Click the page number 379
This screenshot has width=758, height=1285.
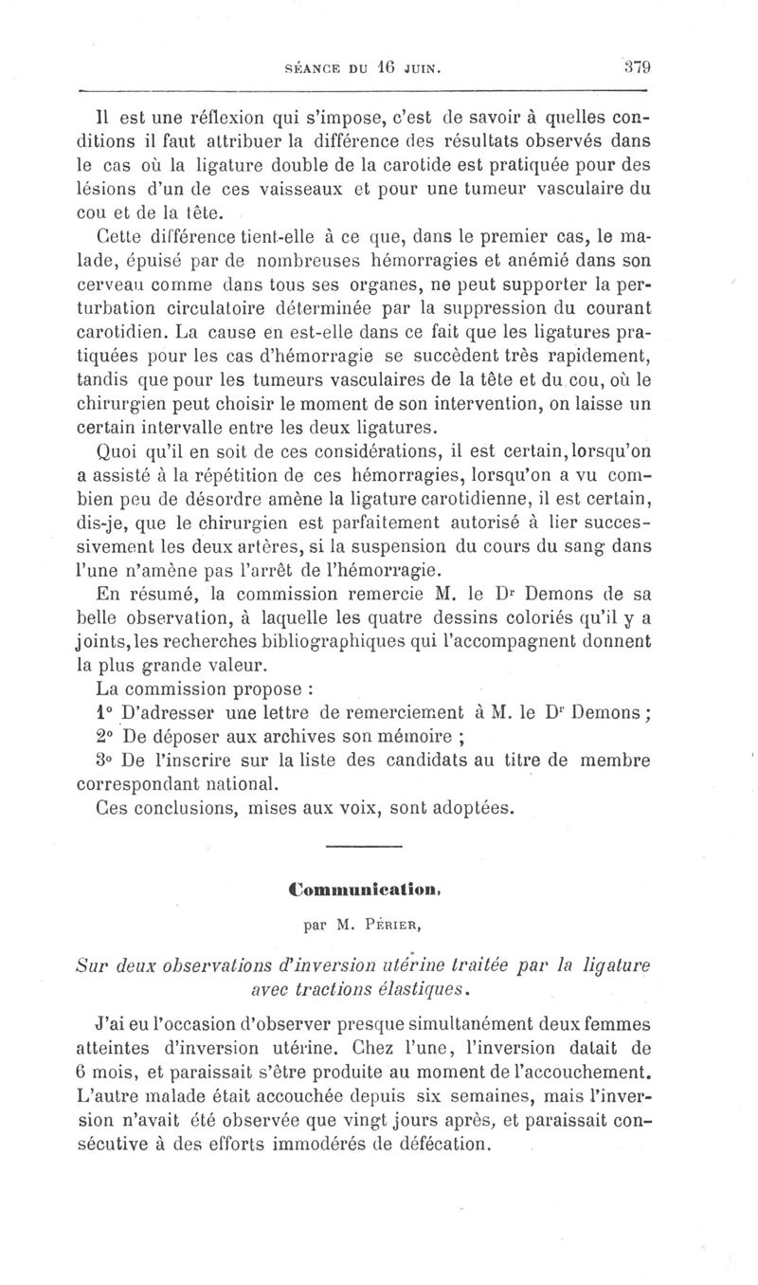pos(640,67)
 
